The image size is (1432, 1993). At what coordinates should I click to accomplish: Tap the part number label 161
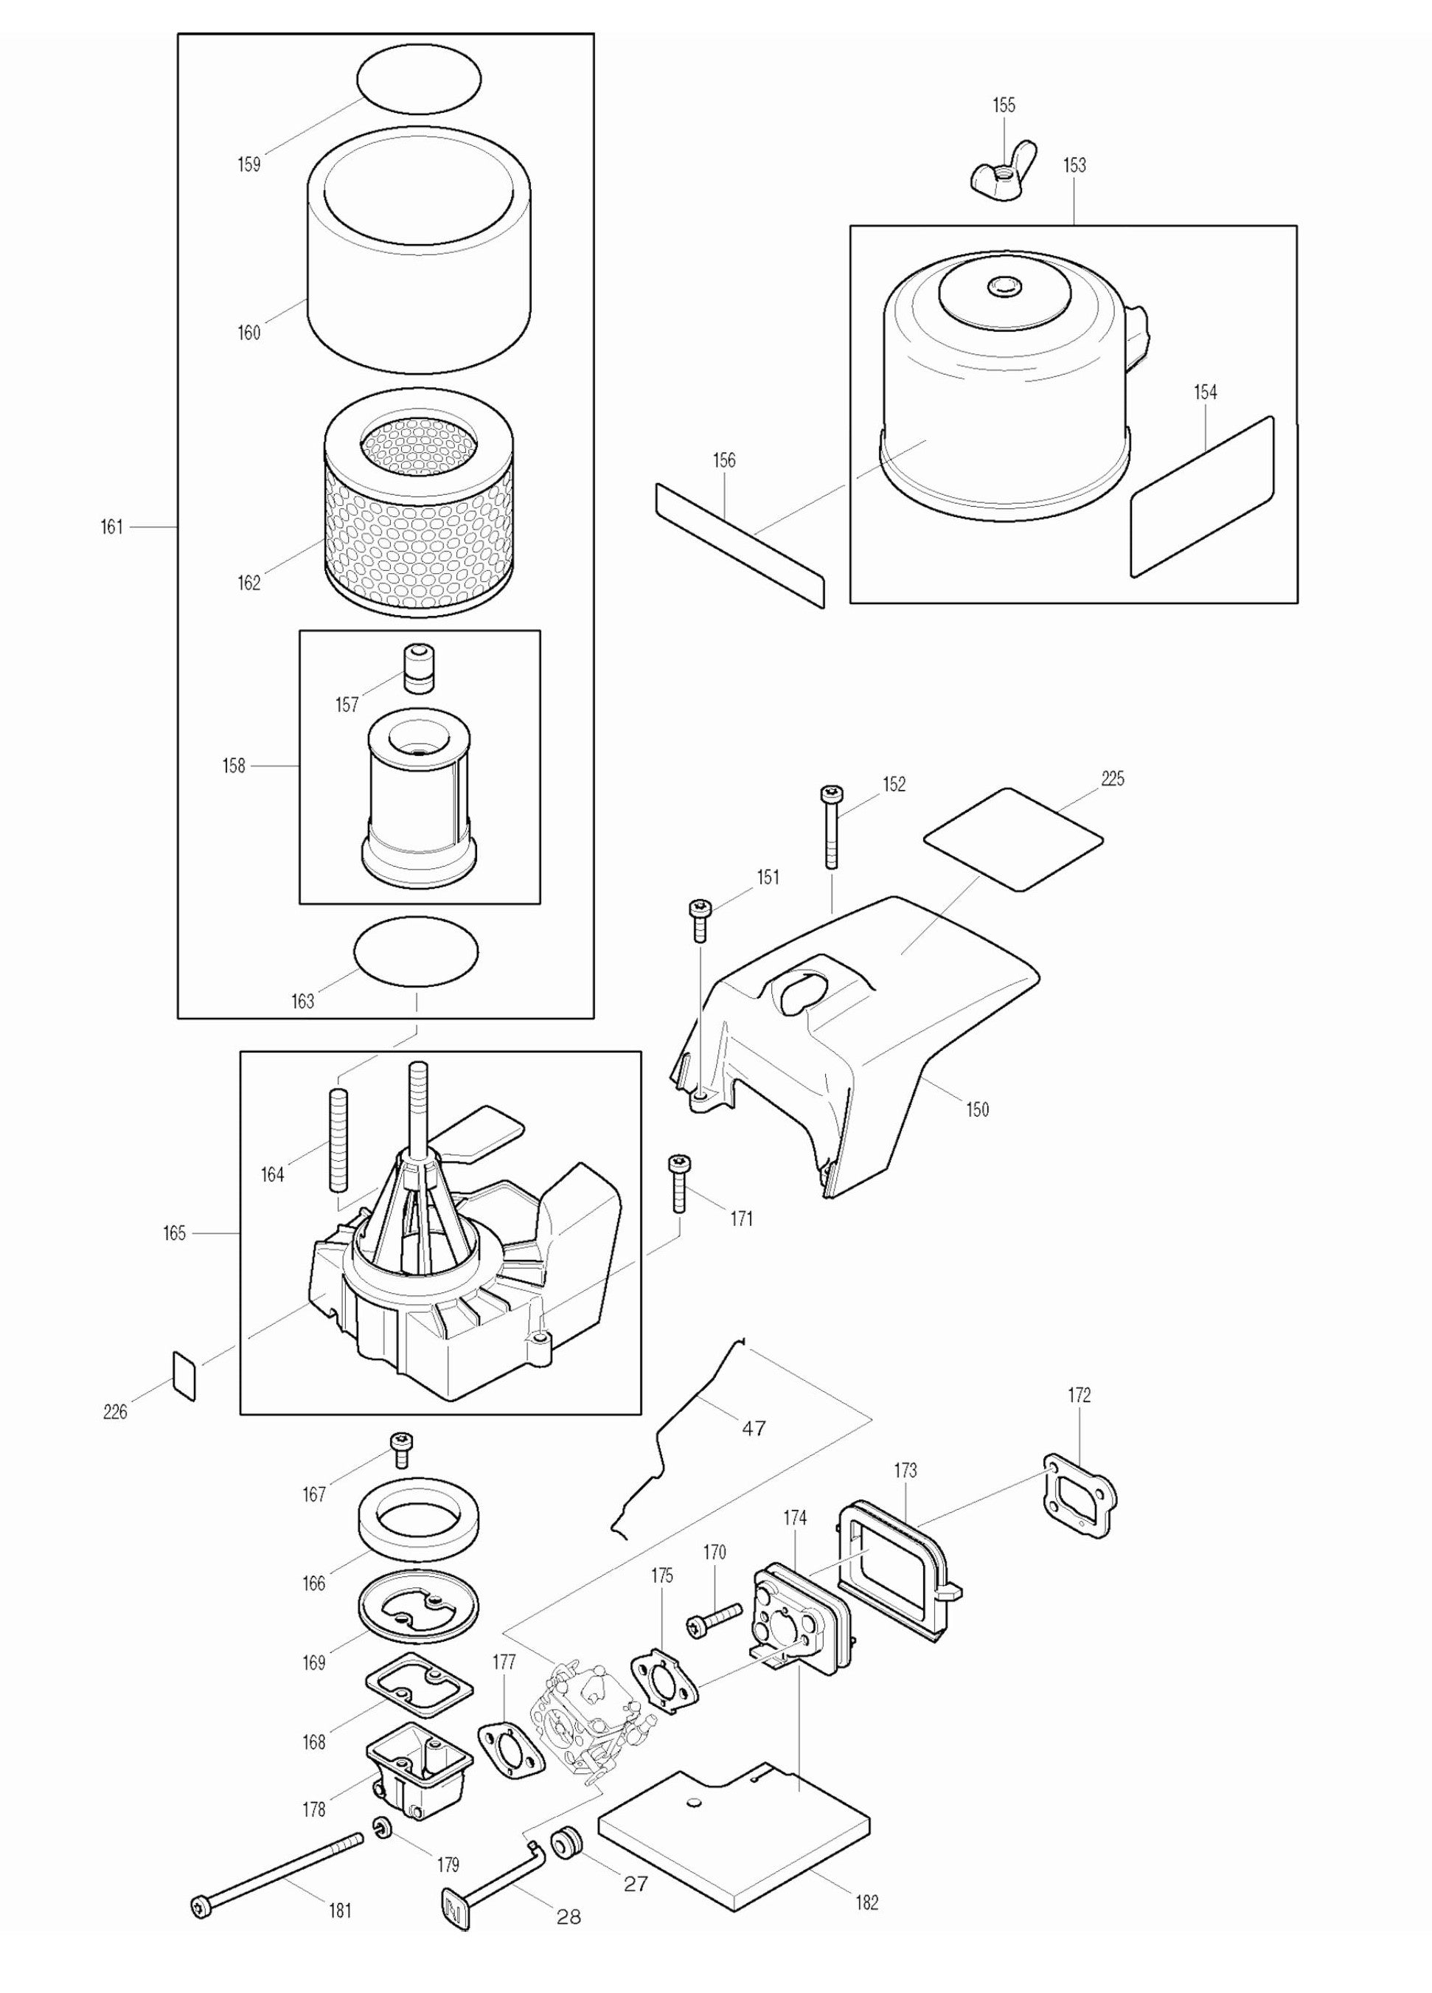(x=111, y=527)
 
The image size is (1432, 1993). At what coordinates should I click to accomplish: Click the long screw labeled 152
(x=831, y=826)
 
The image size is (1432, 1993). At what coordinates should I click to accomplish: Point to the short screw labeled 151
(x=701, y=919)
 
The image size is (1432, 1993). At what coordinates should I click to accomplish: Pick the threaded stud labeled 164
(x=339, y=1140)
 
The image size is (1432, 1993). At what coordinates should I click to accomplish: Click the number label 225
(x=1111, y=779)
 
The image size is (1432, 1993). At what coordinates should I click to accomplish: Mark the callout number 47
(x=753, y=1428)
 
